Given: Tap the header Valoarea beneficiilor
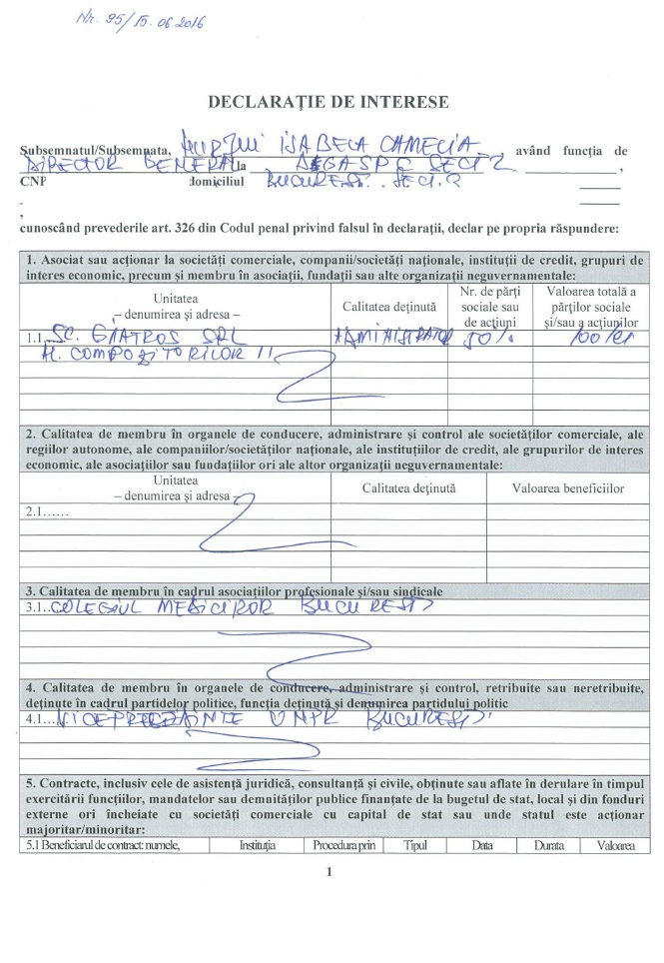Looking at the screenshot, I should pyautogui.click(x=568, y=488).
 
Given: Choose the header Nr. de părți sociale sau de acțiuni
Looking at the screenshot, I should pyautogui.click(x=490, y=307).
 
